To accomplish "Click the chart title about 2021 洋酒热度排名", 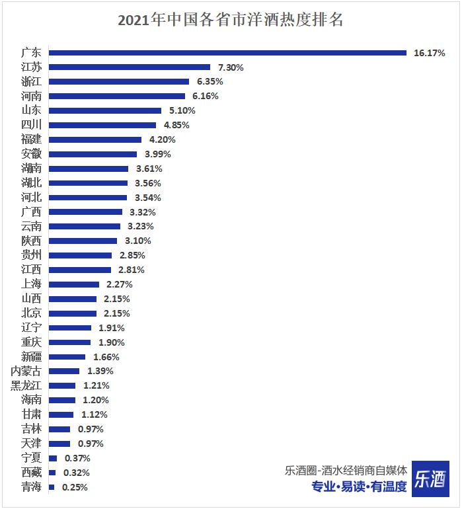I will coord(231,19).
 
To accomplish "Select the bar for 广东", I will coord(227,53).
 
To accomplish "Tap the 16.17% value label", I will coord(429,53).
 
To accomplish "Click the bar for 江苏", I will coord(130,67).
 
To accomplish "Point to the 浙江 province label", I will coord(31,82).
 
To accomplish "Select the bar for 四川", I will coord(102,125).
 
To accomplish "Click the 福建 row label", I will coord(31,139).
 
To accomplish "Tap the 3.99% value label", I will coord(157,154).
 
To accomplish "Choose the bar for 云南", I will coord(85,226).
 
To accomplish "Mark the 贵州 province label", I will coord(31,255).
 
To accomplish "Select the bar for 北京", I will coord(73,313).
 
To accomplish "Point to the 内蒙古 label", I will coord(26,371).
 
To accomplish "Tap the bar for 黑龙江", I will coord(62,385).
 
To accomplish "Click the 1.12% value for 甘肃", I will coord(94,414).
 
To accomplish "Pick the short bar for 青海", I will coord(52,487).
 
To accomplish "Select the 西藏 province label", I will coord(31,473).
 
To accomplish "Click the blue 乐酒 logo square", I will coord(430,479).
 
